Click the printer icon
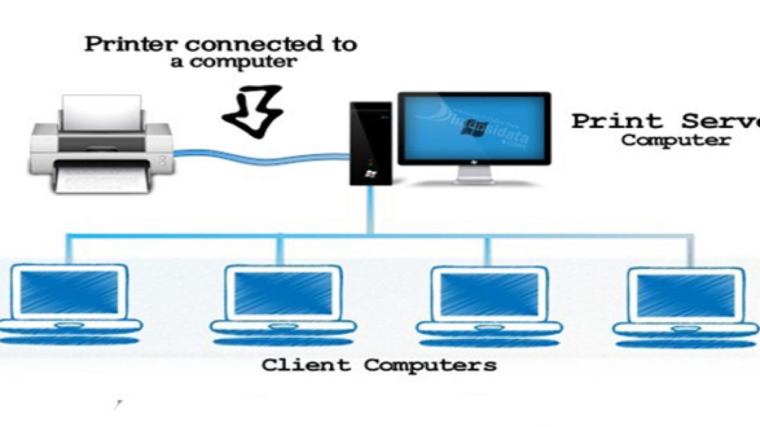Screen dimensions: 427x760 [102, 148]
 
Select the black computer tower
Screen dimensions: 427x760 [370, 142]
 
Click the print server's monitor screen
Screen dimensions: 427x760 [474, 128]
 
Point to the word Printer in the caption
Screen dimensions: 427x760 [132, 45]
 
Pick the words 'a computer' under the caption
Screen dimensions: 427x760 [233, 62]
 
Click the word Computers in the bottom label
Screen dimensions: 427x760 [430, 364]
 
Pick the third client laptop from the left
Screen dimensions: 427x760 [489, 302]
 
